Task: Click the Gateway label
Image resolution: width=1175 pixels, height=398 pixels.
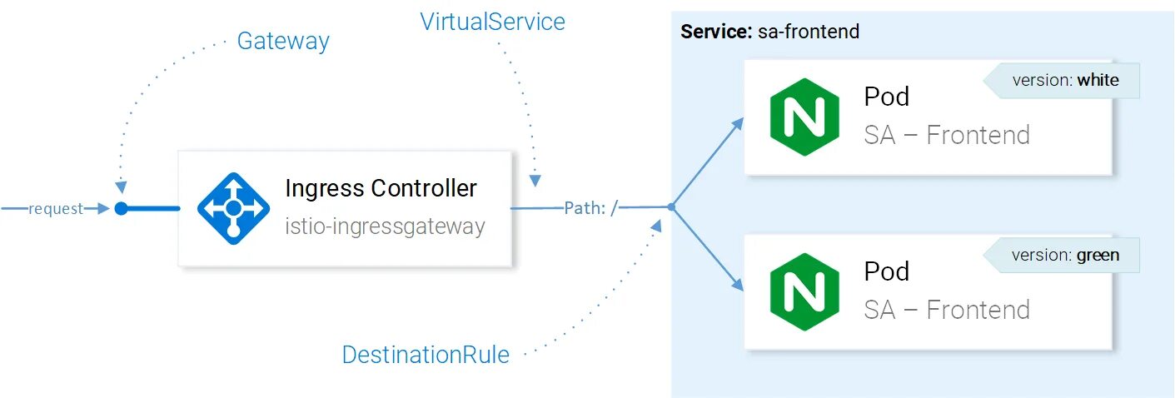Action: pyautogui.click(x=283, y=41)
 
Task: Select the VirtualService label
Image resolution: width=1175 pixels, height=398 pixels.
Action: pyautogui.click(x=492, y=22)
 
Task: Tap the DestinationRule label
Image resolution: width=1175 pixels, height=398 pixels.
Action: pyautogui.click(x=426, y=355)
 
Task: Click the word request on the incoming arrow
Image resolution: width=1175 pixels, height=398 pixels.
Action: pyautogui.click(x=56, y=209)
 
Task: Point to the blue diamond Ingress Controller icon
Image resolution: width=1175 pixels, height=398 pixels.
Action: pyautogui.click(x=233, y=208)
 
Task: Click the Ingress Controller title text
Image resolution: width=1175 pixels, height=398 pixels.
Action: pyautogui.click(x=381, y=188)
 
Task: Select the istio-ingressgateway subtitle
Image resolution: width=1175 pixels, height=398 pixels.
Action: pyautogui.click(x=385, y=226)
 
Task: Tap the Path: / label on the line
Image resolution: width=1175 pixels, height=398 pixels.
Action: pyautogui.click(x=590, y=208)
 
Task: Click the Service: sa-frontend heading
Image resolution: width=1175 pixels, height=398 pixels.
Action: pyautogui.click(x=769, y=32)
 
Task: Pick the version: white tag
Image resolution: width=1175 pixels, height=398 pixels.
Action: pyautogui.click(x=1065, y=81)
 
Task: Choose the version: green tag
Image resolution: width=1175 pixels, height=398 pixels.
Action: pyautogui.click(x=1065, y=256)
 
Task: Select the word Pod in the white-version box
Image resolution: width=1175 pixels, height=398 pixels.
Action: pyautogui.click(x=886, y=97)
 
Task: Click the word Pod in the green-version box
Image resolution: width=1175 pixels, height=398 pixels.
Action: pyautogui.click(x=886, y=272)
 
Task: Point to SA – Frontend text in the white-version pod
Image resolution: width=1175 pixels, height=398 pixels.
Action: pyautogui.click(x=947, y=135)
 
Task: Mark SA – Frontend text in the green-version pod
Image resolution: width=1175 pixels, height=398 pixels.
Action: pyautogui.click(x=947, y=310)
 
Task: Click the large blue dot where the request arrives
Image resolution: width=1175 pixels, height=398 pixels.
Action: pyautogui.click(x=121, y=208)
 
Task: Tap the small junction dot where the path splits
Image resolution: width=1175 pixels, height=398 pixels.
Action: pyautogui.click(x=670, y=207)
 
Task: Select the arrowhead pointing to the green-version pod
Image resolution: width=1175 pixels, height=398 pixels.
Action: pyautogui.click(x=737, y=285)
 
